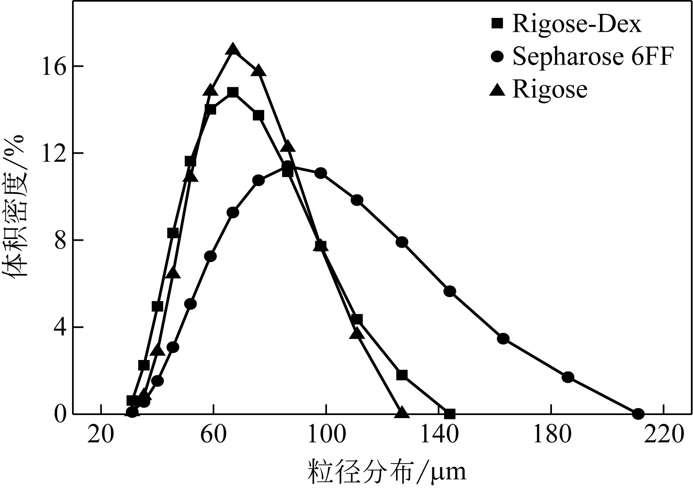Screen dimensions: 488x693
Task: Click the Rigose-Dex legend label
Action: [576, 24]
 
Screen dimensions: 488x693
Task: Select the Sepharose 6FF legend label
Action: [593, 57]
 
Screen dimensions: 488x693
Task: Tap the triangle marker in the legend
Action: [497, 90]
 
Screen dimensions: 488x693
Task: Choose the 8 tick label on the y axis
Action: [60, 240]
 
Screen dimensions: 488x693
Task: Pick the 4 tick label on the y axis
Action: [60, 327]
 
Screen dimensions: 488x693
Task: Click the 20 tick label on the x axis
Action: [100, 435]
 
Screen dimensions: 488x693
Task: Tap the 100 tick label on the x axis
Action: [326, 435]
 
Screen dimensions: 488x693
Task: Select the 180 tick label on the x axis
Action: [551, 435]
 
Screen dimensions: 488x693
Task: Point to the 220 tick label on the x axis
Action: [664, 435]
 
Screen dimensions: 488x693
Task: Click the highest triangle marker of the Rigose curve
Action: [233, 49]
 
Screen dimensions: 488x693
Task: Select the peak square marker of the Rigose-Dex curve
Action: [233, 92]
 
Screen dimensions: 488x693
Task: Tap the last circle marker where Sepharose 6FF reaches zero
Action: [638, 413]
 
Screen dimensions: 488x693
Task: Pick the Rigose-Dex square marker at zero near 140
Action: [450, 413]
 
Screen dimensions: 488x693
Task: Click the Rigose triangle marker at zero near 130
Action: [402, 412]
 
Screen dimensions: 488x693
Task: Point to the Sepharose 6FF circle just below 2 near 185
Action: [568, 377]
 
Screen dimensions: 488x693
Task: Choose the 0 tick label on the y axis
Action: [60, 414]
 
